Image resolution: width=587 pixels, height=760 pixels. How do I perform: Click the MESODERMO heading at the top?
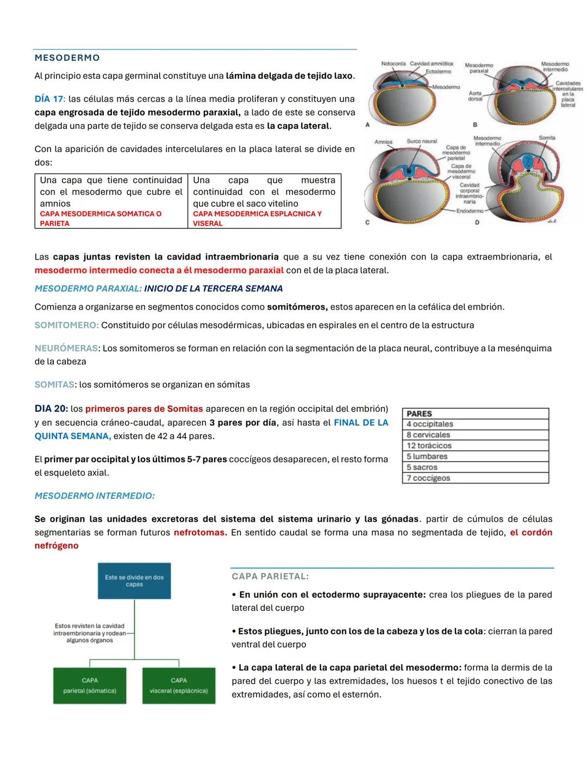(67, 58)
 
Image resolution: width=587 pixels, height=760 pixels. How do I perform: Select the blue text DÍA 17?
(48, 99)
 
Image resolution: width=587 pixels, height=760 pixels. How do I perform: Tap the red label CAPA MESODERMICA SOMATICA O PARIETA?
(101, 218)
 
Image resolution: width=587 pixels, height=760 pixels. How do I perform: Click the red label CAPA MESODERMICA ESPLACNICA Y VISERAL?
(257, 218)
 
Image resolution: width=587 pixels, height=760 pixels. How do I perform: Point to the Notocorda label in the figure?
(393, 64)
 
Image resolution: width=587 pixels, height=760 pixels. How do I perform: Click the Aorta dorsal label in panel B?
(475, 96)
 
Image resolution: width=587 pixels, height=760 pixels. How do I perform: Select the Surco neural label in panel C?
(422, 141)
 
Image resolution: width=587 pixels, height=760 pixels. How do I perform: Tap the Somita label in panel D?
(547, 138)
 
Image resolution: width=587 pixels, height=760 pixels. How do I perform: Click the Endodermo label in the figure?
(470, 211)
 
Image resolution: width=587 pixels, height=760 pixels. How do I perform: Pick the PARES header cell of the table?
(475, 413)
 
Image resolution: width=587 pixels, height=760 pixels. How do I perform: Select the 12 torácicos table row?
(475, 446)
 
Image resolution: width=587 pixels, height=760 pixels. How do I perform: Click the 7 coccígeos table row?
(475, 478)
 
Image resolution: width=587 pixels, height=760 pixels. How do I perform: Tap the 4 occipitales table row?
(475, 424)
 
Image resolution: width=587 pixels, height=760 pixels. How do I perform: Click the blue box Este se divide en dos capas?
(134, 580)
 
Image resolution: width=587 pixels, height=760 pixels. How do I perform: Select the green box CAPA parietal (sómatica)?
(90, 685)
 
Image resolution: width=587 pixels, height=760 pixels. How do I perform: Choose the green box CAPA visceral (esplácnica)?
(179, 685)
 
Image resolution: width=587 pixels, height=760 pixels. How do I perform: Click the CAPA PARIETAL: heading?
(270, 576)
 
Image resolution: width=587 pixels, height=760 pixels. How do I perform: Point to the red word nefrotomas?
(200, 532)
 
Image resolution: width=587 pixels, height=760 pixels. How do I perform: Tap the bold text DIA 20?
(51, 409)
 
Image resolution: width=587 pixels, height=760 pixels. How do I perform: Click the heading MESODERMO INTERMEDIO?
(95, 496)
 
